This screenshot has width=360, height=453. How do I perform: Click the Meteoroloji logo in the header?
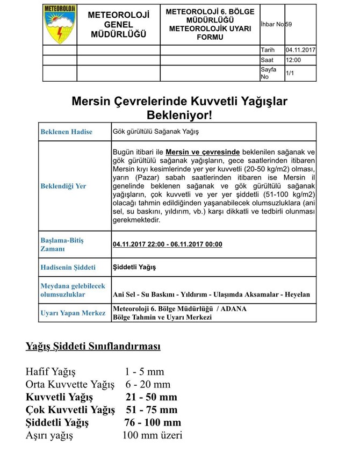tap(60, 24)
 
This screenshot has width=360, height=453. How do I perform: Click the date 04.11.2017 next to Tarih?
tap(300, 50)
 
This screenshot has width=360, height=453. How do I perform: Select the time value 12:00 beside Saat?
tap(293, 60)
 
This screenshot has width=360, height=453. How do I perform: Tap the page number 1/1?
tap(290, 73)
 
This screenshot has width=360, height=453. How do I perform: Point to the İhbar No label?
tap(272, 24)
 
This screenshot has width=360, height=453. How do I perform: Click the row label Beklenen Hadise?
tap(66, 132)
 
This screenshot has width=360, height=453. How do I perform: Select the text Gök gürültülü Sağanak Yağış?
tap(156, 131)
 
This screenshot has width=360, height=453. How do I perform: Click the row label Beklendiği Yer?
tap(63, 186)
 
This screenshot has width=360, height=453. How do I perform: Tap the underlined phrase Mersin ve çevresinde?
tap(203, 152)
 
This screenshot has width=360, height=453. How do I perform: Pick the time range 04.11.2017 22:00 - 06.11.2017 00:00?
tap(167, 245)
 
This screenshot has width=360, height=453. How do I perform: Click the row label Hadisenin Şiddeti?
tap(68, 267)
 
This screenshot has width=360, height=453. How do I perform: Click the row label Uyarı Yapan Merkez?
tap(73, 313)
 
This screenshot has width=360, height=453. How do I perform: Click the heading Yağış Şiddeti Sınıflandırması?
tap(93, 347)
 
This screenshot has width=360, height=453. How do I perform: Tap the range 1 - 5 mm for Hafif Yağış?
tap(145, 371)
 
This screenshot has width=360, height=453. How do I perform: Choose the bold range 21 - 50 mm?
tap(151, 397)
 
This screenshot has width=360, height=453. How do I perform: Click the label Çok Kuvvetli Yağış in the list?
tap(70, 410)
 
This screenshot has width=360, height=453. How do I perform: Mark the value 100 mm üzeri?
tap(152, 435)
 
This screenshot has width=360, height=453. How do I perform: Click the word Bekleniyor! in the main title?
tap(179, 114)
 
